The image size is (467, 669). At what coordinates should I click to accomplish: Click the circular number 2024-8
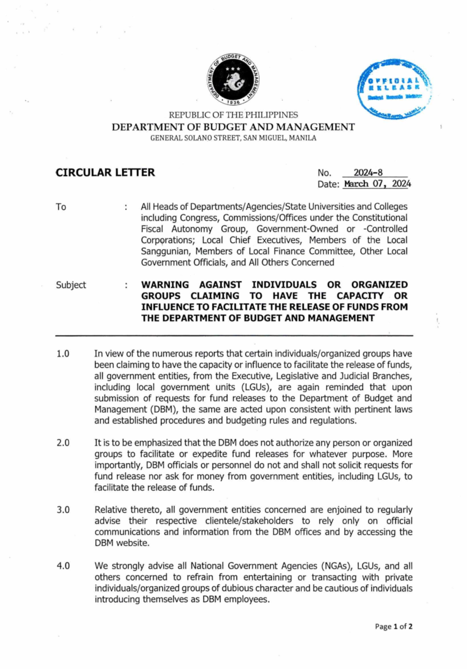click(x=368, y=172)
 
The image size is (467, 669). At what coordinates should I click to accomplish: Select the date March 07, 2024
click(x=377, y=184)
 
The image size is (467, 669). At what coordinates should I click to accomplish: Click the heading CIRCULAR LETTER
click(x=105, y=172)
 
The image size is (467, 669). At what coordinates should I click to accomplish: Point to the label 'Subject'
click(x=71, y=285)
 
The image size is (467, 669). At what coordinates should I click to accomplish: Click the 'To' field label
click(x=61, y=207)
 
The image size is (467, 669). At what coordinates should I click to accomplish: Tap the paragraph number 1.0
click(x=63, y=354)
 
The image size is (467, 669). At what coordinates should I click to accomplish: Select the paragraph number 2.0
click(x=63, y=443)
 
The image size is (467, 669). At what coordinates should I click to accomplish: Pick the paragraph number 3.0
click(x=63, y=510)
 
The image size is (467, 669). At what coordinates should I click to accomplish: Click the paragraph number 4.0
click(x=63, y=566)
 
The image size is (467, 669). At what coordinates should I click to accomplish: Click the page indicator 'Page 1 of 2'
click(x=393, y=626)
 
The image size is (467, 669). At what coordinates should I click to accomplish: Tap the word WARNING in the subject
click(x=165, y=285)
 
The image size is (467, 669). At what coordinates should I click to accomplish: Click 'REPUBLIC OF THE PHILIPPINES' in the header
click(x=233, y=115)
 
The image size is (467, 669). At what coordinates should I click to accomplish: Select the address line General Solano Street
click(x=233, y=138)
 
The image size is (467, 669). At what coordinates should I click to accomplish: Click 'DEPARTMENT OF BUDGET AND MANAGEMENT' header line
click(x=233, y=127)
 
